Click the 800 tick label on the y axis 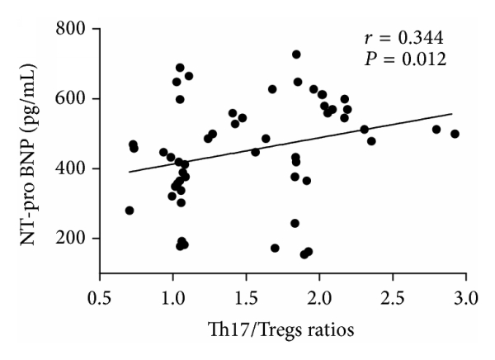[73, 30]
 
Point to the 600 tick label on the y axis [73, 99]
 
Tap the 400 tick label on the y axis [73, 169]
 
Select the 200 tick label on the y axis [73, 239]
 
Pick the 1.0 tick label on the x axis [172, 295]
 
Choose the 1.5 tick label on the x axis [246, 295]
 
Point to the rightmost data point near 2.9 [455, 134]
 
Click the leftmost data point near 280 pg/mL [130, 211]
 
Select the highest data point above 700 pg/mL [296, 54]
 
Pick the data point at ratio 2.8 [436, 130]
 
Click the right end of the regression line [452, 114]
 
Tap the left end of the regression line [129, 172]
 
